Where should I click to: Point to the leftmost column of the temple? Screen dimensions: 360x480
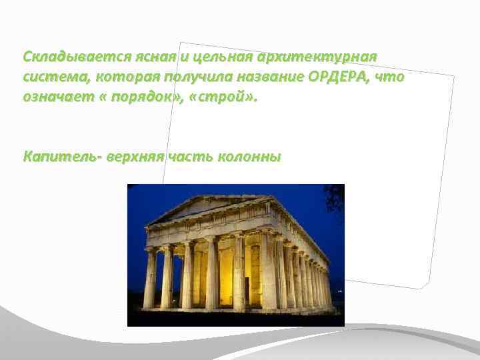pos(150,277)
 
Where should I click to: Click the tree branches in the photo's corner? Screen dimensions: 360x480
pos(335,197)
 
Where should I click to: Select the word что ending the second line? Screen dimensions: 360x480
pos(389,77)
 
